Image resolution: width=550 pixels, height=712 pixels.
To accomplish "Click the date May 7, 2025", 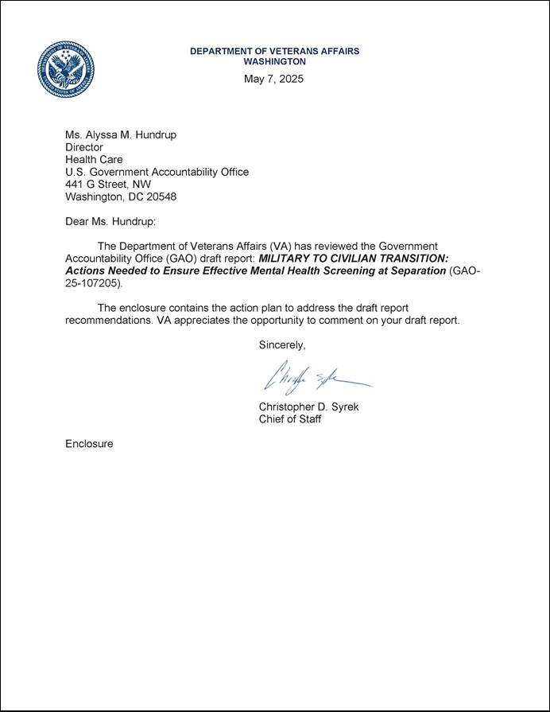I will (x=273, y=79).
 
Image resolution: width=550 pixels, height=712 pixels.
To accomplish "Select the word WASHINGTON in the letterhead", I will (x=274, y=61).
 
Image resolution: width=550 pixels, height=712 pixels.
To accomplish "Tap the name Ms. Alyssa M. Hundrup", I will (x=121, y=134).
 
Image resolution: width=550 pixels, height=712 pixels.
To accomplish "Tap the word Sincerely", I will (x=282, y=344).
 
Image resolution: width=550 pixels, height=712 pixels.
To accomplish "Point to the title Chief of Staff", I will (x=290, y=419).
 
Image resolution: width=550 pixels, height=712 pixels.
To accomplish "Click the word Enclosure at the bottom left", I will (x=89, y=443).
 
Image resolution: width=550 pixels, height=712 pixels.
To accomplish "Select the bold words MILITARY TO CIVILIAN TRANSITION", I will (x=354, y=259).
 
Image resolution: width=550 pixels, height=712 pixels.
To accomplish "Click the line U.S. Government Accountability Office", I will (x=157, y=172).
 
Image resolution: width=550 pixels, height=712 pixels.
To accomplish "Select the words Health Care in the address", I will (x=94, y=159).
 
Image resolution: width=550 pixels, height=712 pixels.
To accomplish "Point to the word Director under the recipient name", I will (x=84, y=147).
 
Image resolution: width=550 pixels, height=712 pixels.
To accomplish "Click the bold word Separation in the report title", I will (x=414, y=271).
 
